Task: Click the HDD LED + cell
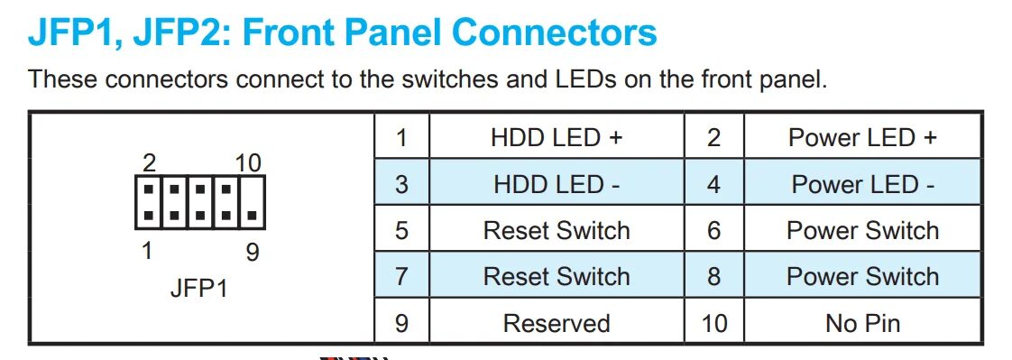557,138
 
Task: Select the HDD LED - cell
557,184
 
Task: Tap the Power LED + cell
862,138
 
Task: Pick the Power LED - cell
862,184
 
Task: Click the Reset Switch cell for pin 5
557,230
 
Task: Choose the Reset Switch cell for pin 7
557,276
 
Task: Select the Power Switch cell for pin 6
862,230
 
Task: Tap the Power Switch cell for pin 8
862,276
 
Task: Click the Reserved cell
557,323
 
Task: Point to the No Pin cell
862,323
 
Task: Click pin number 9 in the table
401,323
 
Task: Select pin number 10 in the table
713,323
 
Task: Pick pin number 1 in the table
401,138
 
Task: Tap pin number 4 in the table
713,184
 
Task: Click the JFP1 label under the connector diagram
198,290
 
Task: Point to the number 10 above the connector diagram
248,163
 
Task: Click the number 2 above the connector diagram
150,163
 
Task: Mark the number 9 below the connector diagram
252,252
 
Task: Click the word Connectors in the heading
554,33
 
